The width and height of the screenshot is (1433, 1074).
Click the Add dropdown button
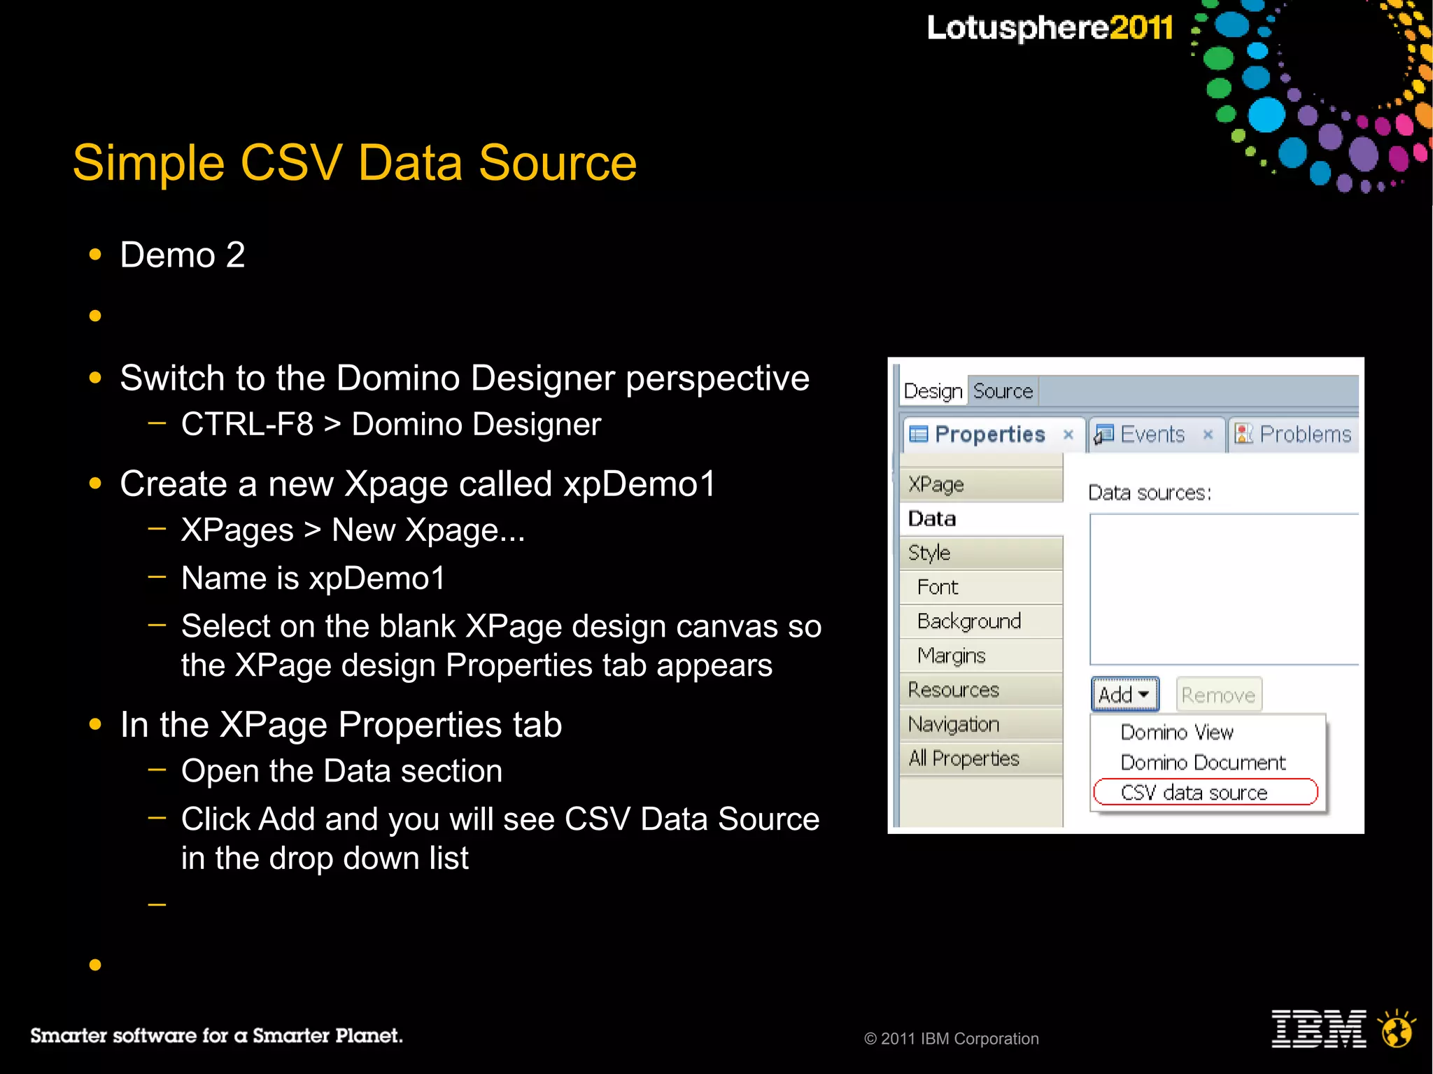[1124, 695]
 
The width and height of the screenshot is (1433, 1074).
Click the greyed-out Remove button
[1218, 695]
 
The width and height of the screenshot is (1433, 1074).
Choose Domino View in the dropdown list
[1177, 733]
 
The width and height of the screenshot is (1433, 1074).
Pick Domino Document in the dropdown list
[1203, 763]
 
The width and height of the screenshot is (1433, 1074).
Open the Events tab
[1152, 434]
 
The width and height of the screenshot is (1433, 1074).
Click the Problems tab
[1304, 434]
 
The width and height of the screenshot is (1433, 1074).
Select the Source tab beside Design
[1003, 391]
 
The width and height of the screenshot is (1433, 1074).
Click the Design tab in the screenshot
[933, 391]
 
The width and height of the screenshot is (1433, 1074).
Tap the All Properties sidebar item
[964, 758]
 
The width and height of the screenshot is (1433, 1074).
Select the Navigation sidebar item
[954, 724]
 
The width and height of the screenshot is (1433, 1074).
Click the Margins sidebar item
[952, 656]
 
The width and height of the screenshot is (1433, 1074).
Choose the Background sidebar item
[969, 621]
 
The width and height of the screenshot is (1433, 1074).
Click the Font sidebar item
[938, 587]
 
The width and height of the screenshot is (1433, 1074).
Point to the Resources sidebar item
[954, 690]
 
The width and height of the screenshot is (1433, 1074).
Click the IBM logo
[1318, 1029]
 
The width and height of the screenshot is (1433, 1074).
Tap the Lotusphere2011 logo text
[1050, 28]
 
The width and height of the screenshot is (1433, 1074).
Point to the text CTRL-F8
[247, 425]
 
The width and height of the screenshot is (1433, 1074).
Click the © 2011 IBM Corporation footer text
[952, 1039]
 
